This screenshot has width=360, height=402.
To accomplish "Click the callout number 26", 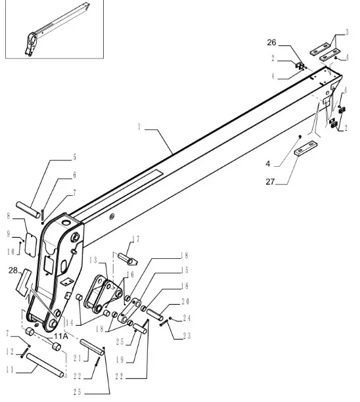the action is point(271,43).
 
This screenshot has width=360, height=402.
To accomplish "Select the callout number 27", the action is point(270,182).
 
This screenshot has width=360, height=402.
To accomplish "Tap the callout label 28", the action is point(13,270).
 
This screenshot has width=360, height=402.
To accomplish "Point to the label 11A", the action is point(61,336).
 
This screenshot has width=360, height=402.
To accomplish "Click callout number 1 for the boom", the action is point(139,127).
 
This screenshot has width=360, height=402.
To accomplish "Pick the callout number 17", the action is point(136,239).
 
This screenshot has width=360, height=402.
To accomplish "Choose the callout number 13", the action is point(93,261).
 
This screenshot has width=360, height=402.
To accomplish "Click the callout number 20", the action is point(185,301).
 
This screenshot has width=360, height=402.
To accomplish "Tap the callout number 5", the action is point(75,157).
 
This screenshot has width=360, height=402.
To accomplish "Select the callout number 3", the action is point(347,33).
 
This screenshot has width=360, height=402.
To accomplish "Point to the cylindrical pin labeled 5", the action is point(28,210).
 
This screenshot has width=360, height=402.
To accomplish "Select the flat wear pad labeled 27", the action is point(305,148).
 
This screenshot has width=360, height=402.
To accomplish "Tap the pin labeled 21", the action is point(93,347).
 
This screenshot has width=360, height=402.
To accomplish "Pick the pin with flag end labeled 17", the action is point(127,259).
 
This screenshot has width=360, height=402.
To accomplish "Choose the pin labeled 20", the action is point(154,315).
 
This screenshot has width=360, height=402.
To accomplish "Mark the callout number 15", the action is point(185,270).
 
